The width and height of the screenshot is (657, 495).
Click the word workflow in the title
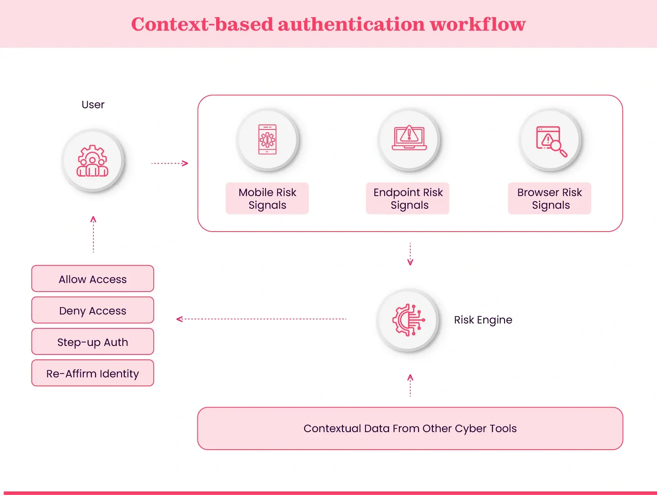click(x=478, y=24)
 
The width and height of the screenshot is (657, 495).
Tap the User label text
click(x=93, y=105)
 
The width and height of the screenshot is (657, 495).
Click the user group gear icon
click(x=93, y=161)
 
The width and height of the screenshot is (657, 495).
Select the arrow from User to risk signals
click(x=170, y=163)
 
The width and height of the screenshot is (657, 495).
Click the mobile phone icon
click(x=268, y=139)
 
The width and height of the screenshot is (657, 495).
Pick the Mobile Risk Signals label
click(x=268, y=198)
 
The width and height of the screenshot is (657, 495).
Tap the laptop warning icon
click(x=409, y=138)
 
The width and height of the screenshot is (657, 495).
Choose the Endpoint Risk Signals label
click(x=408, y=198)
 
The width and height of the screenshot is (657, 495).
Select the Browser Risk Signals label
click(x=550, y=198)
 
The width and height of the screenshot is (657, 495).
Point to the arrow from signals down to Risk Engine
click(x=410, y=254)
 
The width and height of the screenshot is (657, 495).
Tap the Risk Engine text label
click(x=483, y=320)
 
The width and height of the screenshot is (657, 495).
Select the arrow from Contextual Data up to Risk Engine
click(x=410, y=386)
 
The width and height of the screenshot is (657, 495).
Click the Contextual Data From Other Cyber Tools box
click(x=410, y=428)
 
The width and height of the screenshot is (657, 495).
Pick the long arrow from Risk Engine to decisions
click(x=261, y=319)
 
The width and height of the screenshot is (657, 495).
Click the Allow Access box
click(x=93, y=279)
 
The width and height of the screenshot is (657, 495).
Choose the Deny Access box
click(x=93, y=310)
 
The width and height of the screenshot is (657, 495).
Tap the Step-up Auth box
click(x=93, y=342)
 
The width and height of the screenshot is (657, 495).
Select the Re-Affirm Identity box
click(x=93, y=373)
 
